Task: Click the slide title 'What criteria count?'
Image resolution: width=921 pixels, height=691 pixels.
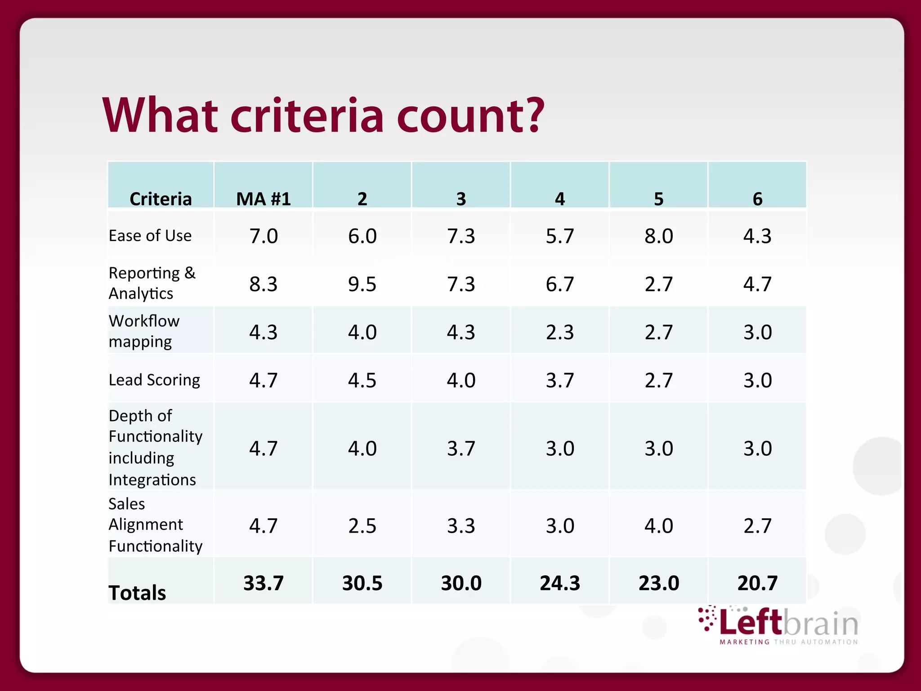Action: coord(323,116)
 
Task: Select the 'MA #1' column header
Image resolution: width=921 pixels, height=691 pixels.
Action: coord(264,199)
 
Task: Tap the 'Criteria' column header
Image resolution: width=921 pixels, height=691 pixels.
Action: coord(161,199)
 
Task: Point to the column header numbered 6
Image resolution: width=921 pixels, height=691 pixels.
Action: coord(757,199)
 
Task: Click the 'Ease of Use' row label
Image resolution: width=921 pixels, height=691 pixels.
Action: coord(150,236)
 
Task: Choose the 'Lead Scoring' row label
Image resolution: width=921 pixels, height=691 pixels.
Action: coord(154,380)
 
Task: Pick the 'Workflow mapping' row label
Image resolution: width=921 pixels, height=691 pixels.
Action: coord(144,331)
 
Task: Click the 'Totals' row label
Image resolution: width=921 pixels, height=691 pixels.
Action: coord(137,592)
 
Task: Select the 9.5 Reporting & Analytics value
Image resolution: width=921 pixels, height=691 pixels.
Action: coord(362,284)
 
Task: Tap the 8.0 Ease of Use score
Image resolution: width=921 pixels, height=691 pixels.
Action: coord(658,236)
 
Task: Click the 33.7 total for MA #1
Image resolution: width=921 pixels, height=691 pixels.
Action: coord(264,583)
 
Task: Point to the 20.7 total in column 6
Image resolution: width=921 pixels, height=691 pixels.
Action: coord(757,583)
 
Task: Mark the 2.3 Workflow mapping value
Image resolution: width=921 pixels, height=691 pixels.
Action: coord(560,332)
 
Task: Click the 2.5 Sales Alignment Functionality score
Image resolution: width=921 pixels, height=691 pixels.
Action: coord(362,526)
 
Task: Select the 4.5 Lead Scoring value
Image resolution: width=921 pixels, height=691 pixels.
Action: coord(362,381)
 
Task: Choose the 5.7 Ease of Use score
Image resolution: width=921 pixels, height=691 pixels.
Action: coord(560,236)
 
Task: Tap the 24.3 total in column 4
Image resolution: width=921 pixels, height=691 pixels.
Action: coord(560,583)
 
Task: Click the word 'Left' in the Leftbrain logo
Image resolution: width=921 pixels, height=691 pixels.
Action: coord(750,623)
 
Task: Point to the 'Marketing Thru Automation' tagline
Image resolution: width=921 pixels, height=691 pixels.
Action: coord(789,642)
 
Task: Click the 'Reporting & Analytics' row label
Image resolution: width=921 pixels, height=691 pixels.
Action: coord(152,283)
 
